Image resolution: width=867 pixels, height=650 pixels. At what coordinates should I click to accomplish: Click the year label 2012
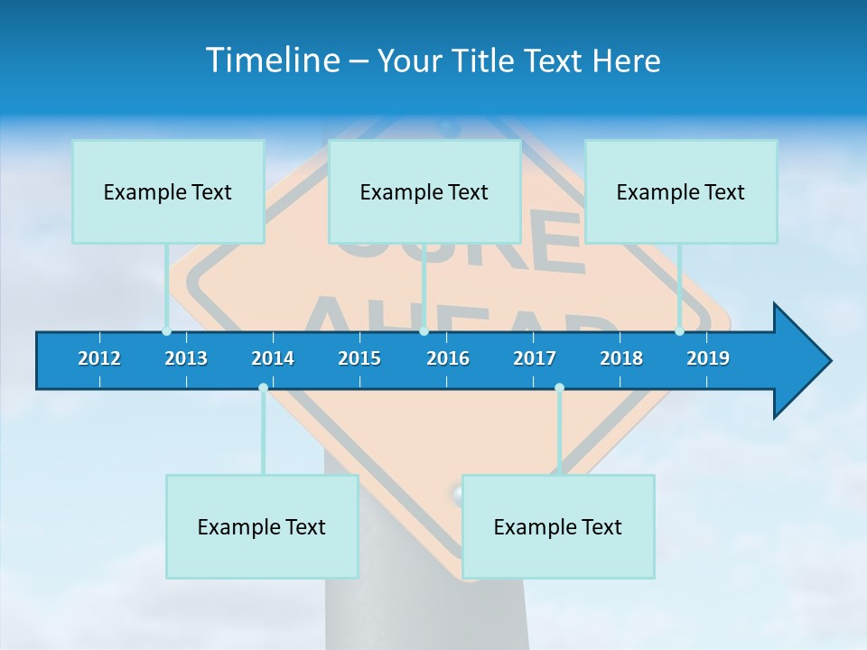click(99, 358)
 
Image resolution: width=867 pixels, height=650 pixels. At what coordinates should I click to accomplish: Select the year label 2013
click(186, 358)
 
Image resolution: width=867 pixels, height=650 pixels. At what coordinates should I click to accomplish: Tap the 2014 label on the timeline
click(273, 358)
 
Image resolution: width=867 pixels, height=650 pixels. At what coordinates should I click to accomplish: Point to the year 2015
click(359, 358)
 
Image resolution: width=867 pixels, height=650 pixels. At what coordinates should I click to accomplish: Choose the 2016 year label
click(448, 358)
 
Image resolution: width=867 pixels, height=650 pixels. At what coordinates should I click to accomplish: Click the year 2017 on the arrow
click(535, 358)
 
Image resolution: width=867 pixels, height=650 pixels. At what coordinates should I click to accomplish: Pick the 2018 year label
click(621, 358)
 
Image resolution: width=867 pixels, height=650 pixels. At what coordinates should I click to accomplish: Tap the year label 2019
click(708, 358)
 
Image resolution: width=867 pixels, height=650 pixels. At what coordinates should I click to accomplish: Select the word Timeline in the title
click(271, 60)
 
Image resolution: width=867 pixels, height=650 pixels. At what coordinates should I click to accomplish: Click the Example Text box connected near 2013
click(168, 191)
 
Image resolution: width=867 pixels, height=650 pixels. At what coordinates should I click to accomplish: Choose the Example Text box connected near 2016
click(424, 191)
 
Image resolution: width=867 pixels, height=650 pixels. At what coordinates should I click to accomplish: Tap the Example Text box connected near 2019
click(681, 191)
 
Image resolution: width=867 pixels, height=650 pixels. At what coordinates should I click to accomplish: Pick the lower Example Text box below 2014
click(262, 526)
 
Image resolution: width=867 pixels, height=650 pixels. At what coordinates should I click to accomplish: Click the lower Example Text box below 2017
click(558, 526)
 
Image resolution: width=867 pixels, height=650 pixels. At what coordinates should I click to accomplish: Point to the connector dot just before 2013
click(166, 331)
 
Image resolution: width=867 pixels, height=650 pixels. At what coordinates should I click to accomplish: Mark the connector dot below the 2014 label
click(263, 387)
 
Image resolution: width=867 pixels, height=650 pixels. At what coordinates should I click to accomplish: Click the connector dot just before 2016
click(424, 331)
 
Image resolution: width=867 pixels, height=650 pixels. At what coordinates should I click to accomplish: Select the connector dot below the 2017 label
click(559, 387)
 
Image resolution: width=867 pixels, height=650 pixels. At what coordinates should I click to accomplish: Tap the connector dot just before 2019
click(679, 331)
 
